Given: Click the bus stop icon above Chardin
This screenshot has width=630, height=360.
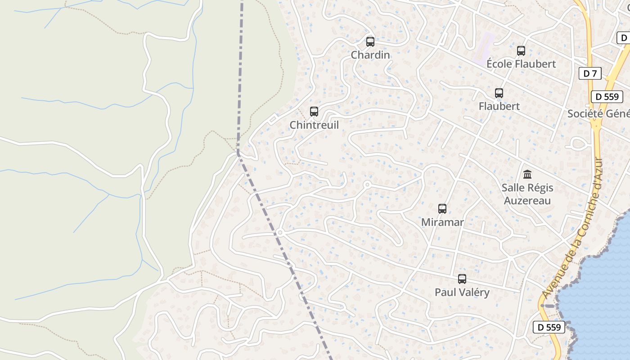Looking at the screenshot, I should pos(370,42).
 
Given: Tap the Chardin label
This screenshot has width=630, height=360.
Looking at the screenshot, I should pos(370,55).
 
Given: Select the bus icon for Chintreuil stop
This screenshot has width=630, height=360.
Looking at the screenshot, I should pos(314,112).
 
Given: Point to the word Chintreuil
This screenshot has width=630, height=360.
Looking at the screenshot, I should pos(314,125).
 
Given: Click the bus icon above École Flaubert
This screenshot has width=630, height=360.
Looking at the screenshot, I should pos(521,51).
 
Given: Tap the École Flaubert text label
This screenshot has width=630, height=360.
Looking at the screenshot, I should pos(521,64).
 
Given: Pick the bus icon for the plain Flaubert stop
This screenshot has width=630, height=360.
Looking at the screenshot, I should pos(499,93).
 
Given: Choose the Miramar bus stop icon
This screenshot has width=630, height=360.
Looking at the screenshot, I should pos(442,209).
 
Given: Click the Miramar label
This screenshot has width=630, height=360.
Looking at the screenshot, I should pos(442,222).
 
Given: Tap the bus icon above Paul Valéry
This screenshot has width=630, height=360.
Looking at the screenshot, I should pos(462,279).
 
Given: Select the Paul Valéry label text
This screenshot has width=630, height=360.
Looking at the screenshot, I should pos(462,292).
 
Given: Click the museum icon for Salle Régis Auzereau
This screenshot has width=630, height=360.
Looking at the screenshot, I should pos(527,174).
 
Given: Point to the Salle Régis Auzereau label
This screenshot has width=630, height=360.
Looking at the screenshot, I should pos(527,194).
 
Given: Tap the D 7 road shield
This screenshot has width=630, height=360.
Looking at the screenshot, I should pos(589,73).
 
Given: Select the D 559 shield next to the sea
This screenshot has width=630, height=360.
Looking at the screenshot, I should pos(549,327).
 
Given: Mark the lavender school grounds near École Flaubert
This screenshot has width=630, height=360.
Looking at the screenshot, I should pos(483,47).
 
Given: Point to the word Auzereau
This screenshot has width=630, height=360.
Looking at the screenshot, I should pos(527,200).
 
